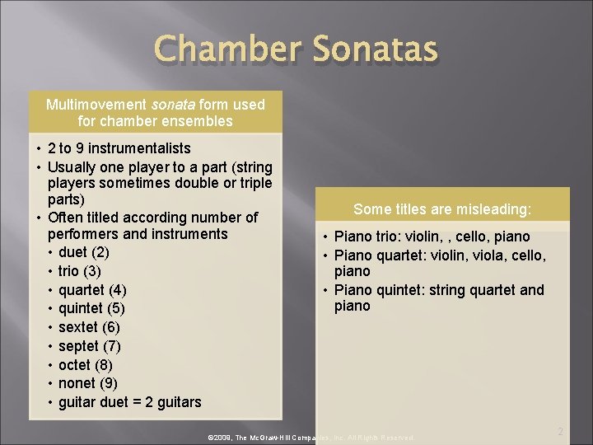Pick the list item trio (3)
click(x=80, y=271)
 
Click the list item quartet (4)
click(x=92, y=290)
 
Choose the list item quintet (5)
click(x=91, y=308)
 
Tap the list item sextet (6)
click(x=89, y=327)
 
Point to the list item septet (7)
click(x=89, y=346)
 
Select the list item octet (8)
click(x=86, y=365)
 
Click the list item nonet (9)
click(x=88, y=383)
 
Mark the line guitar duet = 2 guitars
click(x=129, y=402)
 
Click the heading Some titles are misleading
click(x=442, y=209)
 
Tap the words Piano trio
click(x=367, y=237)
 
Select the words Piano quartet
click(x=377, y=255)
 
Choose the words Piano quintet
click(x=376, y=289)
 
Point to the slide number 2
click(x=560, y=431)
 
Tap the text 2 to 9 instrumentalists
click(x=119, y=148)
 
